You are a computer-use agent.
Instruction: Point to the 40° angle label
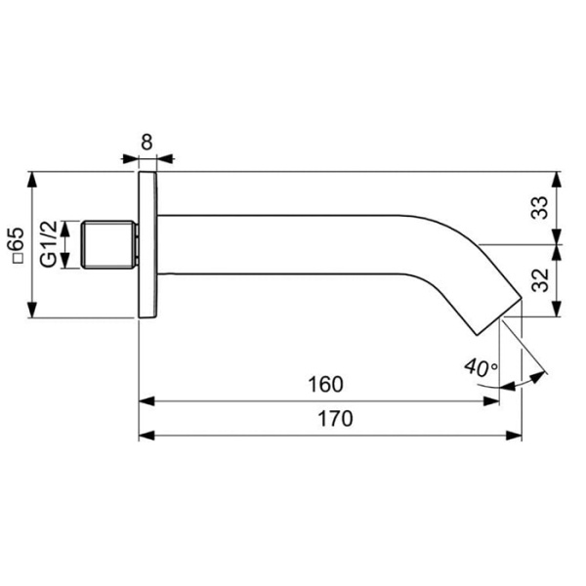coord(480,368)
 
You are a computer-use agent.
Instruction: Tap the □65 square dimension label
coord(15,247)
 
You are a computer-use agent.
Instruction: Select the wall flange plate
coord(146,244)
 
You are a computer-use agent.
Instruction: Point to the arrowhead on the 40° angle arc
coord(539,375)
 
